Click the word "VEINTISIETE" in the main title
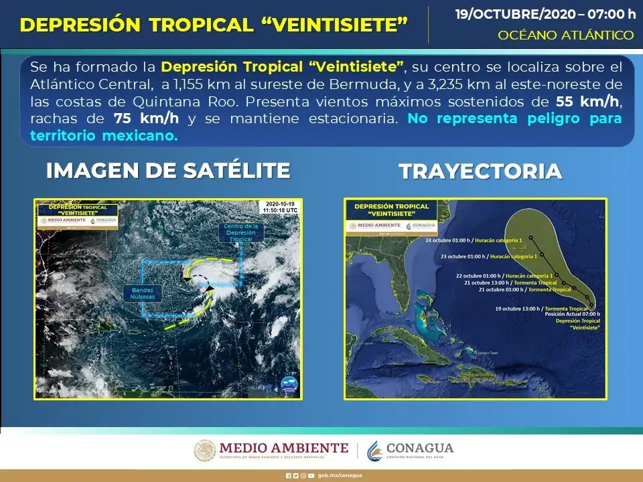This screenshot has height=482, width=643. click(x=344, y=25)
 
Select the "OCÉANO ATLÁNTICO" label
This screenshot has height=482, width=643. click(x=566, y=35)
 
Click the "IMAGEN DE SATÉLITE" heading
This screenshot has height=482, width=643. click(x=168, y=171)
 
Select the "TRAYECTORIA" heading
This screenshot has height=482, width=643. click(x=480, y=171)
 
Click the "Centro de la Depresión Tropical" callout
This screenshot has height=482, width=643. click(x=240, y=232)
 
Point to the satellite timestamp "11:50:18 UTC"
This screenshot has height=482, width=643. click(x=281, y=210)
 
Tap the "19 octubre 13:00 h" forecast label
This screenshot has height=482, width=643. click(x=520, y=309)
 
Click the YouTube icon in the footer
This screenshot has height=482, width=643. click(x=311, y=475)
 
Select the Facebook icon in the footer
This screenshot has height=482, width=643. click(x=288, y=475)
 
